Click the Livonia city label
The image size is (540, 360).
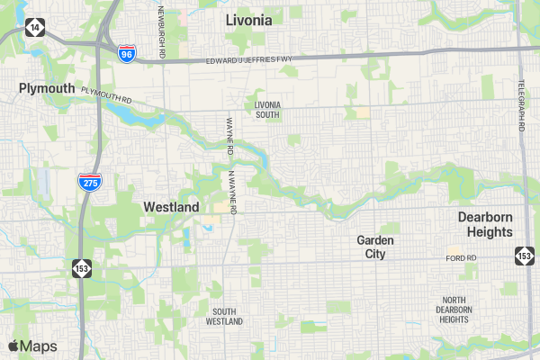click(x=249, y=19)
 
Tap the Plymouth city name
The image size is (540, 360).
click(x=47, y=88)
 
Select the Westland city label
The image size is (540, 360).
click(x=171, y=207)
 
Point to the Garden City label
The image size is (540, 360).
click(x=375, y=247)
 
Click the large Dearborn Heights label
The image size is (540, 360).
click(x=485, y=224)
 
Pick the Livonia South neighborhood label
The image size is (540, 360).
click(x=267, y=110)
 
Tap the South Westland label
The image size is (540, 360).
click(x=224, y=316)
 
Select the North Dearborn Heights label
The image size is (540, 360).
click(x=454, y=309)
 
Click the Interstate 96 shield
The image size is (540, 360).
click(x=127, y=53)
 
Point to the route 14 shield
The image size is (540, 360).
click(x=34, y=27)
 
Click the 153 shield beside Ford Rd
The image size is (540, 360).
click(x=524, y=256)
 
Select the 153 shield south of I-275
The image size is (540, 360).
click(x=82, y=267)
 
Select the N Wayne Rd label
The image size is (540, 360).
click(x=231, y=192)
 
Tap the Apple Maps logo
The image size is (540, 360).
click(x=32, y=346)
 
